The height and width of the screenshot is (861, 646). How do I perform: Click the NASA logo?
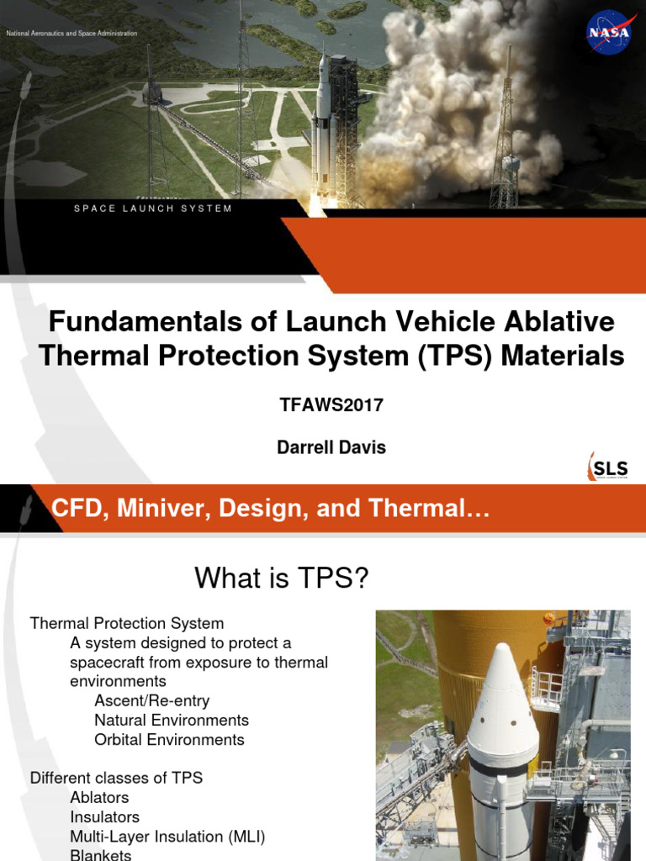tap(609, 33)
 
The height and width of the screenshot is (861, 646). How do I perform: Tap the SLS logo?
tap(607, 467)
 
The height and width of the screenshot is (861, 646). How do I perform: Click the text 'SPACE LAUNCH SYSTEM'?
tap(152, 209)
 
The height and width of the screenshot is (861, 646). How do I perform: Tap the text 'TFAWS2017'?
tap(331, 404)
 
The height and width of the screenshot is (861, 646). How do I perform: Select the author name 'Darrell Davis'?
tap(331, 447)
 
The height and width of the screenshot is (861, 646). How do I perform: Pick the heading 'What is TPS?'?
tap(282, 578)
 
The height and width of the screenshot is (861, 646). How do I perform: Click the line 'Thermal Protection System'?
tap(127, 623)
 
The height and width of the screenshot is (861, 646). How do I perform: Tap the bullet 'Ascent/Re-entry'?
tap(152, 700)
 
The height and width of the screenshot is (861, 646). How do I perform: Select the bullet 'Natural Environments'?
tap(172, 720)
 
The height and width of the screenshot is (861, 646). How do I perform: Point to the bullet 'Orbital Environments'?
tap(169, 739)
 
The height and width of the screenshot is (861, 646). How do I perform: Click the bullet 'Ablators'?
tap(99, 797)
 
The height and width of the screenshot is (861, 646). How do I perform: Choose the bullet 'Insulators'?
tap(104, 816)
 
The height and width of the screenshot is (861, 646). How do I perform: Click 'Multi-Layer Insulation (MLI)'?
tap(167, 836)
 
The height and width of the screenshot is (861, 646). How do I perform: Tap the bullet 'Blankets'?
tap(101, 854)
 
